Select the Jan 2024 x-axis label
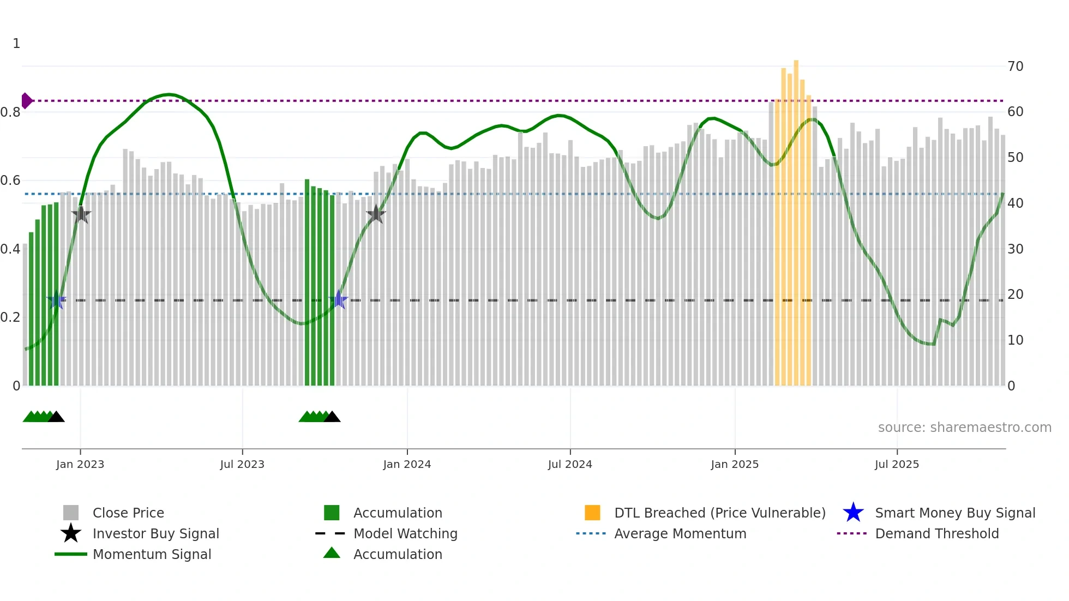click(407, 464)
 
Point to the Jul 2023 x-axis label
click(242, 464)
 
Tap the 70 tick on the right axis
click(1015, 67)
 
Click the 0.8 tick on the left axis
click(10, 112)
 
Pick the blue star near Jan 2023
click(56, 300)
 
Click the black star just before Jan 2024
click(376, 214)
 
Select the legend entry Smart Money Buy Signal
click(954, 513)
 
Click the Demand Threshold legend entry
click(936, 533)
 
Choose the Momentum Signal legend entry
click(152, 554)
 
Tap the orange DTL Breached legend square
click(592, 513)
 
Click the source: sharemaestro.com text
click(964, 428)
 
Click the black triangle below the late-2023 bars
click(332, 417)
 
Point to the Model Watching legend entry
click(405, 533)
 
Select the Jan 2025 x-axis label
click(735, 464)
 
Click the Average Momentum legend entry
click(680, 533)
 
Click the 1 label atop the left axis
click(16, 44)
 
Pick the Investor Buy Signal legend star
click(71, 533)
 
